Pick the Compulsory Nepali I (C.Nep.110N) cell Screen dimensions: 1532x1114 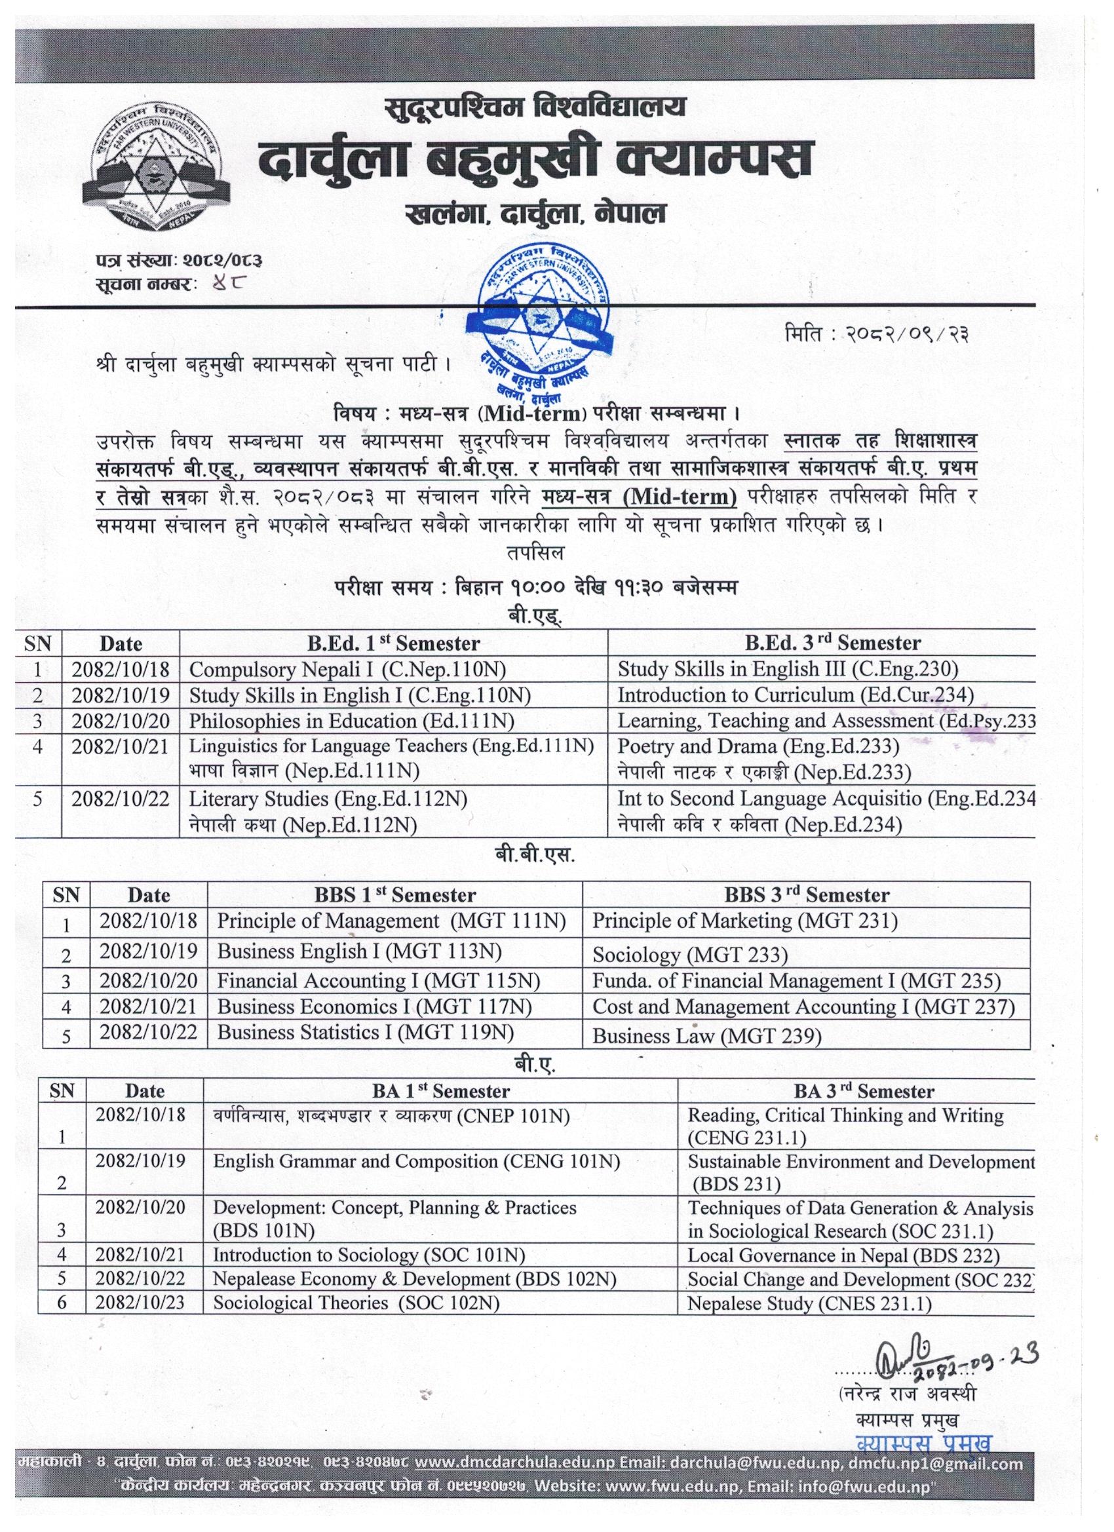[347, 669]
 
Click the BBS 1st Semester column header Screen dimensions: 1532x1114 [394, 895]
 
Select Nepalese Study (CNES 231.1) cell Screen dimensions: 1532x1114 [809, 1303]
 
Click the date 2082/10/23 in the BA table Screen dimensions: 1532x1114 [140, 1303]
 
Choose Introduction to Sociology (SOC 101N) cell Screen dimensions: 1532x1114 [369, 1255]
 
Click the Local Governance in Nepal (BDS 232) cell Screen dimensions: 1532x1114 [843, 1255]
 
